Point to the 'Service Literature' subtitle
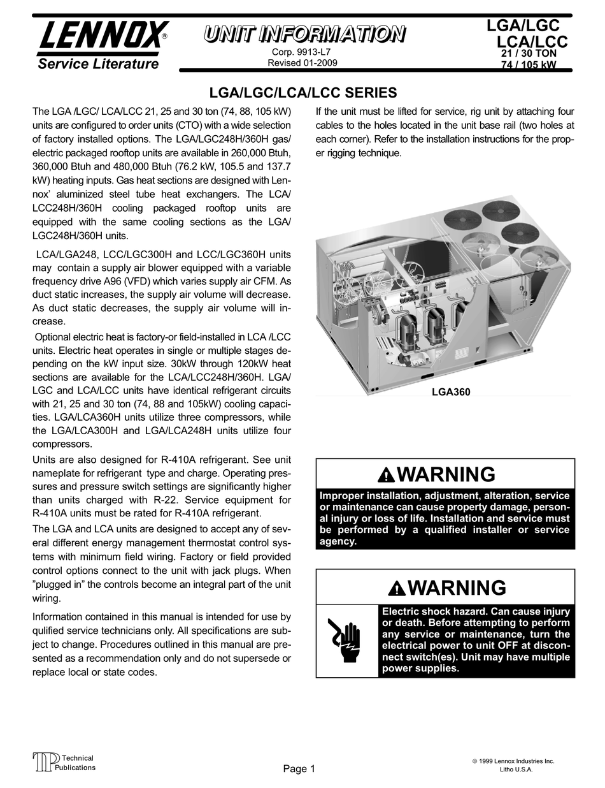pyautogui.click(x=98, y=64)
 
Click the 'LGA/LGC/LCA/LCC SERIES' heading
pyautogui.click(x=303, y=93)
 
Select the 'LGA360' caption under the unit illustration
pyautogui.click(x=451, y=392)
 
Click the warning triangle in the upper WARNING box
pyautogui.click(x=386, y=476)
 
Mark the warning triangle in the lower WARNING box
pyautogui.click(x=397, y=589)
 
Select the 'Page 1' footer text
pyautogui.click(x=299, y=768)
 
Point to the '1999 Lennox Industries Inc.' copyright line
pyautogui.click(x=513, y=761)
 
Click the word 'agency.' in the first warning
pyautogui.click(x=338, y=542)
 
